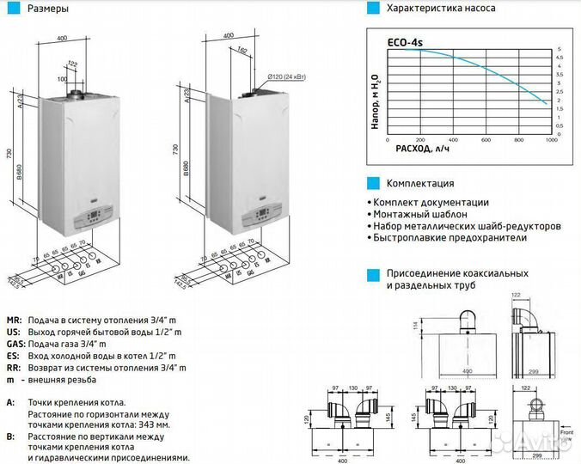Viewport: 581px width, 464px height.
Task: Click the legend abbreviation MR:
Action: pos(13,319)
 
